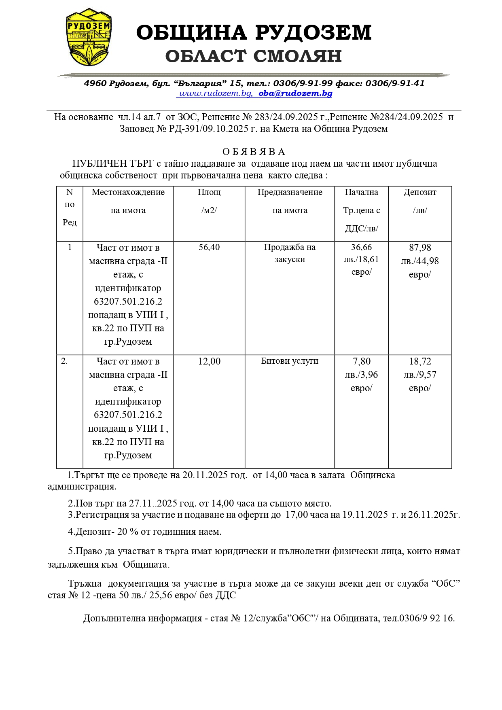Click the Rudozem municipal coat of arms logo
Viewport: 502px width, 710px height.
(x=89, y=37)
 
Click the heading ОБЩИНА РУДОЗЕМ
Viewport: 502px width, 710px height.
(x=254, y=32)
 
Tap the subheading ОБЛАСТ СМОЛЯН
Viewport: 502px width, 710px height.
(x=254, y=56)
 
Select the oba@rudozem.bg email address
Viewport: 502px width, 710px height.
(x=295, y=93)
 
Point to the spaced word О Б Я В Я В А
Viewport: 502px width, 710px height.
(x=254, y=152)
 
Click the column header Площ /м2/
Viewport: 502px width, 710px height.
(x=209, y=201)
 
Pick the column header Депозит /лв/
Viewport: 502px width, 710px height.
(x=420, y=201)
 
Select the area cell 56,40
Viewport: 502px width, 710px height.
(x=209, y=247)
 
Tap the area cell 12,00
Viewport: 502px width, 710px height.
(x=209, y=361)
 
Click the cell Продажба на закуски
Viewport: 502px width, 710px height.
(x=290, y=253)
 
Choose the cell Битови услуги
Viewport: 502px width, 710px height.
(x=290, y=361)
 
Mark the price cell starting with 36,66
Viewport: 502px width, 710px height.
(x=361, y=259)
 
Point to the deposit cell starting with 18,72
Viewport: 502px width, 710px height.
(x=420, y=375)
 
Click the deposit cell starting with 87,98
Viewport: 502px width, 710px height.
(x=420, y=261)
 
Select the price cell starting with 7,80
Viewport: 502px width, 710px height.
(x=361, y=375)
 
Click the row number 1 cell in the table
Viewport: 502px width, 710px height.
(x=70, y=247)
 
